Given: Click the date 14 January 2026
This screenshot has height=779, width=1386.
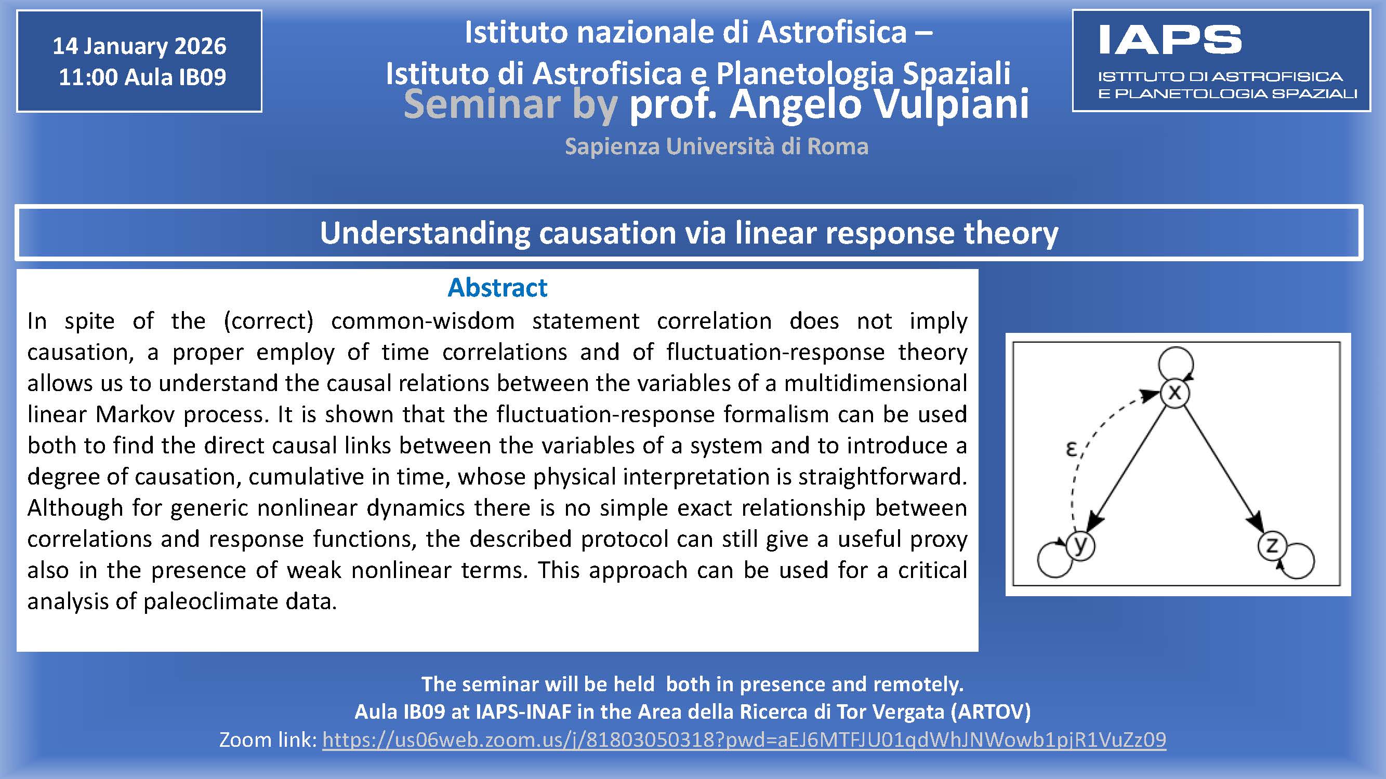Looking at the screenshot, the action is (x=139, y=46).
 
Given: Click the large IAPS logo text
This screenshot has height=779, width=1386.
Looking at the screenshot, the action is (x=1170, y=40).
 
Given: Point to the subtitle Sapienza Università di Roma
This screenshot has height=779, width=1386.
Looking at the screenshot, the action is (x=717, y=146).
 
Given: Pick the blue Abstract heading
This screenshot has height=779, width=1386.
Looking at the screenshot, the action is (x=497, y=288).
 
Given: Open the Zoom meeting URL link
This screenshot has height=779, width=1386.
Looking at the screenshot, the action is (x=744, y=740).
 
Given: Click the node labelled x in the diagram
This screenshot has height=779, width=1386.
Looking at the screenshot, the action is (x=1174, y=393).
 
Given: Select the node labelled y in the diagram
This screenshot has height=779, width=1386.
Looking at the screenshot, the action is (x=1081, y=545).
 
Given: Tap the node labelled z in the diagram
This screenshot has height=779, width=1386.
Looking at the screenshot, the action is (x=1272, y=546).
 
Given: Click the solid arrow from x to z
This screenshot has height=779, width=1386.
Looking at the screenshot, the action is (x=1222, y=468).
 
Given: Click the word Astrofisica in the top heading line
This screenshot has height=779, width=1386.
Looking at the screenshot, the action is (x=833, y=32).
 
